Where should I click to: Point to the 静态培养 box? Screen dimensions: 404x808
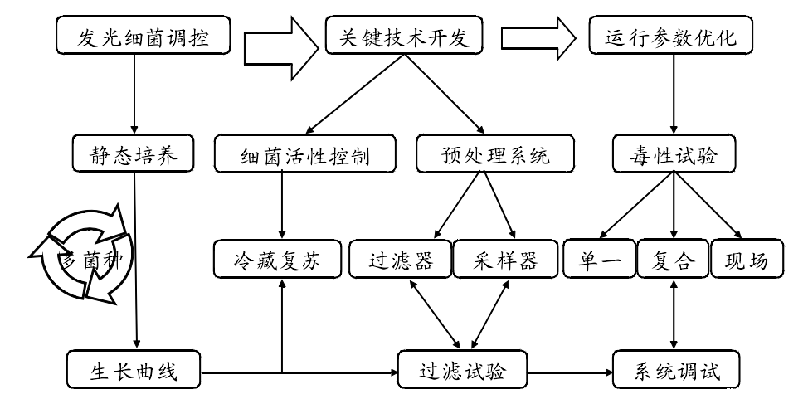(x=133, y=155)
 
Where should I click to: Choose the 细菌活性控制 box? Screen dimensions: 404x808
(x=304, y=155)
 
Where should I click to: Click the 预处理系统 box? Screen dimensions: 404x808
(x=494, y=155)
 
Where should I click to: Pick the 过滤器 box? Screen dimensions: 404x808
(x=401, y=260)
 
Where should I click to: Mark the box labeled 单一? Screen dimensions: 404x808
(x=599, y=260)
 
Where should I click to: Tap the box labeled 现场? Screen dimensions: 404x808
(x=746, y=260)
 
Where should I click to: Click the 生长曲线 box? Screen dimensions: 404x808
(x=133, y=370)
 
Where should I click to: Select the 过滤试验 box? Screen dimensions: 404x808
(x=462, y=370)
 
